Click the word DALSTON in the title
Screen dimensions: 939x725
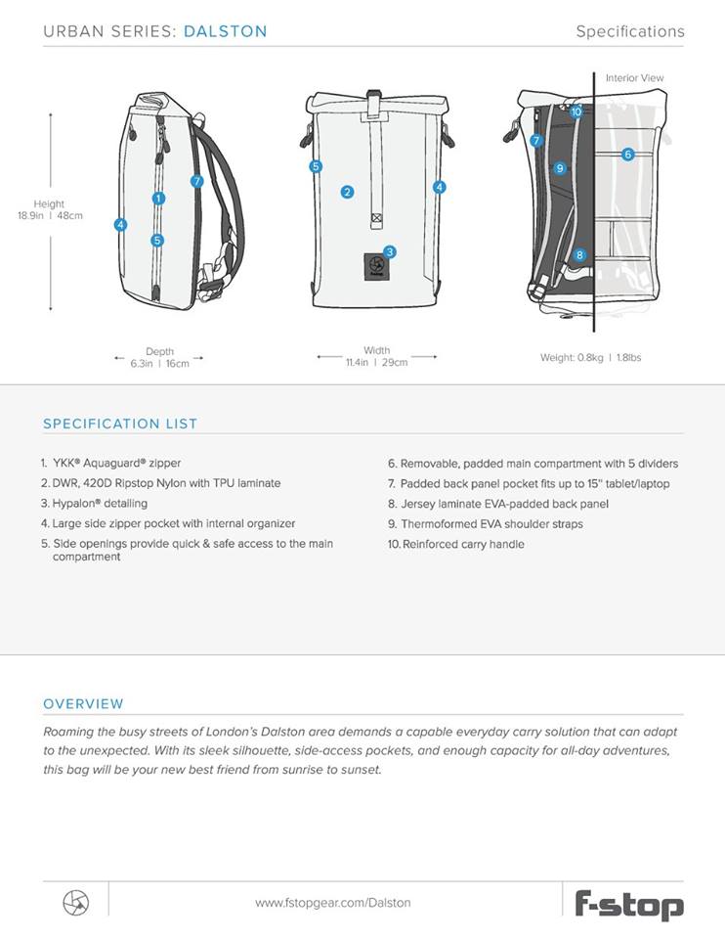[225, 31]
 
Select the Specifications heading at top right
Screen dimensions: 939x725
[629, 31]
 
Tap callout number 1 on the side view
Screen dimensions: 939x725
[158, 199]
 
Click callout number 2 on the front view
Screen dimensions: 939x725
[347, 192]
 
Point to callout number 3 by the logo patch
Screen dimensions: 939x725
[390, 251]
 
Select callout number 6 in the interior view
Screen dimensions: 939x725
[627, 155]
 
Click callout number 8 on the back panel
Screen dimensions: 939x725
[579, 255]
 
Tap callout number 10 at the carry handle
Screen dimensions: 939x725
[576, 112]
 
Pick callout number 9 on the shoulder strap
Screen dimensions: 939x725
[559, 168]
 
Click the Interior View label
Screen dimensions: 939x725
[634, 78]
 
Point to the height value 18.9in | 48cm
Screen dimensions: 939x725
[50, 216]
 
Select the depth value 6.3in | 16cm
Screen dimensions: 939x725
[159, 362]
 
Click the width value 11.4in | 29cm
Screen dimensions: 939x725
[376, 362]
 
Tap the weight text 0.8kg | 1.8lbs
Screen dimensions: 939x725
[590, 358]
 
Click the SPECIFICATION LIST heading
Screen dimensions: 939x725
[120, 424]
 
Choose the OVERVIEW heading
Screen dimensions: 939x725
[83, 703]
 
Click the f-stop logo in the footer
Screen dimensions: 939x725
[628, 904]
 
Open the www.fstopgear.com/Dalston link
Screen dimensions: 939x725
[333, 903]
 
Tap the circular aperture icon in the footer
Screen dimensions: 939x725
[75, 902]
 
